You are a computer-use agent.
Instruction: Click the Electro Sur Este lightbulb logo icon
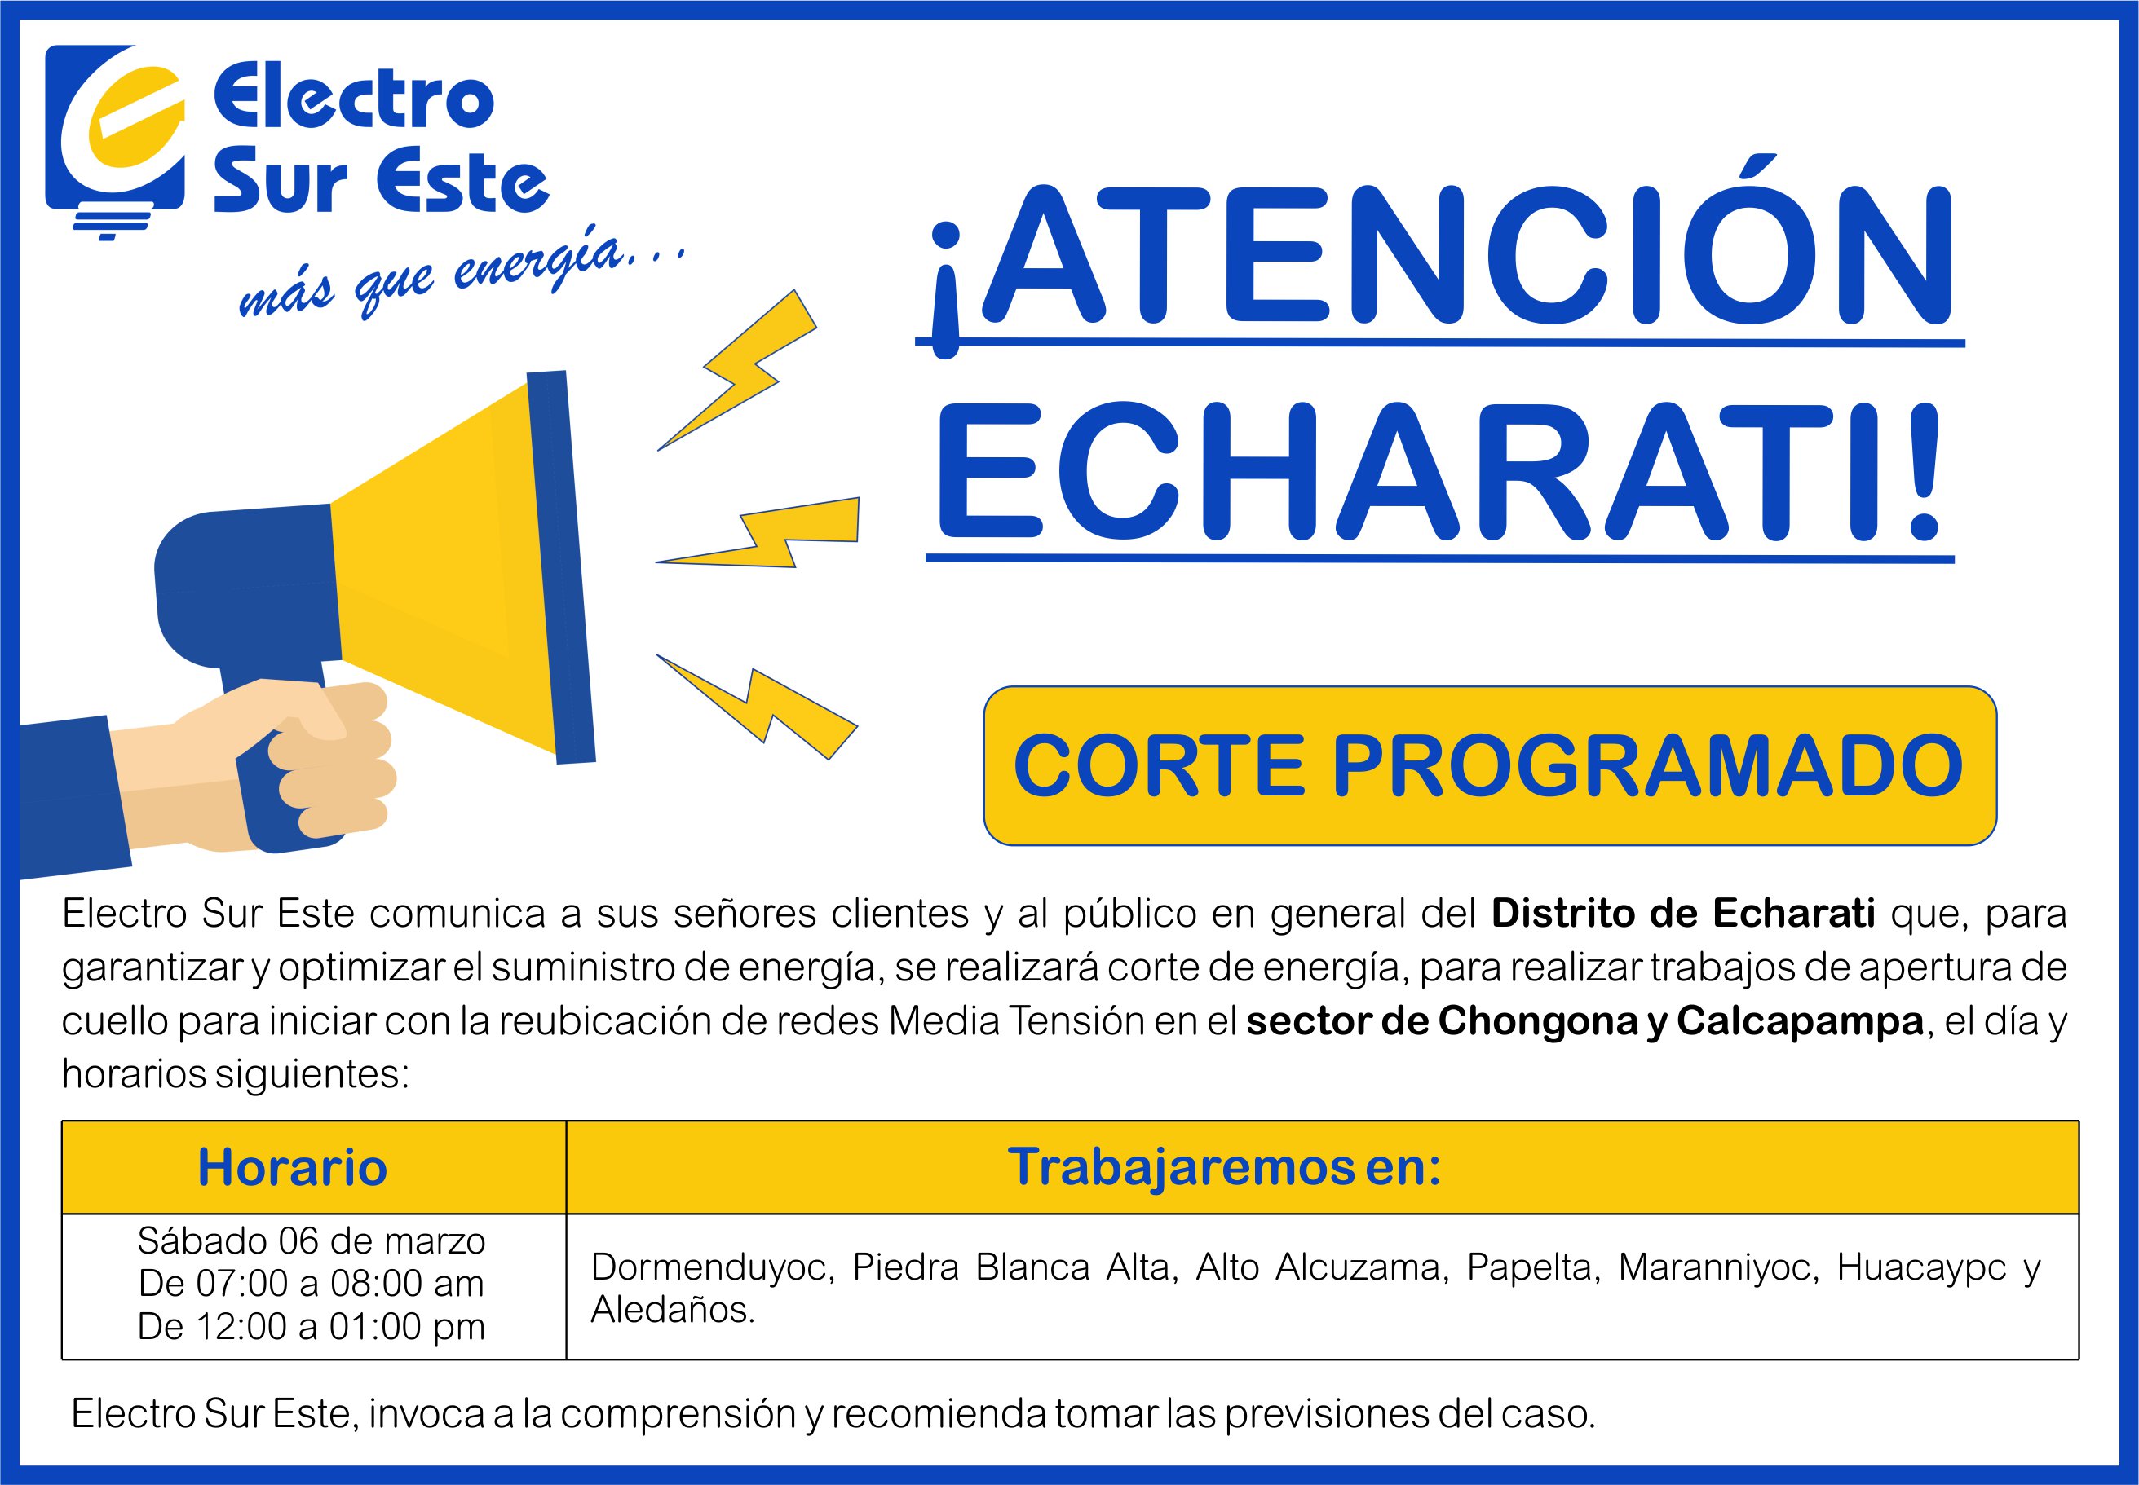tap(117, 139)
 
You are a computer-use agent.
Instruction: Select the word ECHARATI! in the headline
tap(1439, 472)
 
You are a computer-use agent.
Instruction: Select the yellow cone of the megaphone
tap(447, 567)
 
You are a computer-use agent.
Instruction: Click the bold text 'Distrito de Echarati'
tap(1683, 914)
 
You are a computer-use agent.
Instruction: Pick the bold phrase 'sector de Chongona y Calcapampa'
tap(1585, 1021)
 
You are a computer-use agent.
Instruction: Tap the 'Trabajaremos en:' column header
tap(1225, 1167)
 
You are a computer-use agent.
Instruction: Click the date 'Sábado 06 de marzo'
tap(312, 1240)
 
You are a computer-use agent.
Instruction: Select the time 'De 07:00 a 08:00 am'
tap(312, 1283)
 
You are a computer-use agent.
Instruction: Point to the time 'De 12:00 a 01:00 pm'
tap(312, 1326)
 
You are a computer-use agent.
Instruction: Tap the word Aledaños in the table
tap(673, 1310)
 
